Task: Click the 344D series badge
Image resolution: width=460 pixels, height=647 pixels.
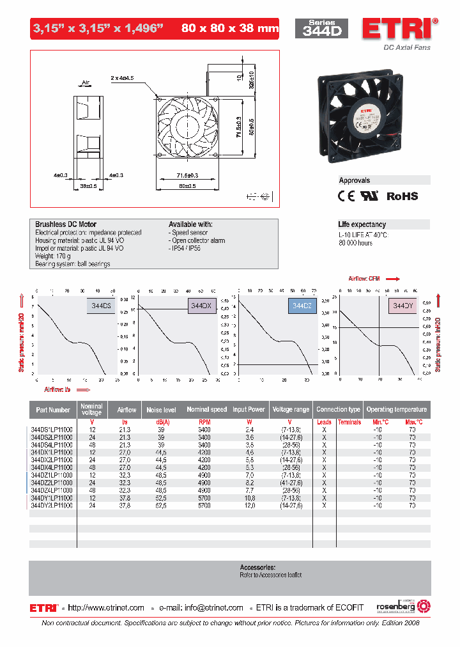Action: point(321,28)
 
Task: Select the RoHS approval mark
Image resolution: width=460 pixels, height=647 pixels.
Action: point(402,196)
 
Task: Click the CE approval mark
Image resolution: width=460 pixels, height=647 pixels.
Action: point(346,196)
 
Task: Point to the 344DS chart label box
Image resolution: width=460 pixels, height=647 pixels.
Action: point(101,306)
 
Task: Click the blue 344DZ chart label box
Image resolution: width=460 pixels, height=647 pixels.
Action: point(302,306)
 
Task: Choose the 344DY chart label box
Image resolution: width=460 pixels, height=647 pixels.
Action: point(402,306)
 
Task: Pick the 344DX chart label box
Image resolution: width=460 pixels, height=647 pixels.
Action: point(201,306)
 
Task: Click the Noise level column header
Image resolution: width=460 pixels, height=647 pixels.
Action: point(161,409)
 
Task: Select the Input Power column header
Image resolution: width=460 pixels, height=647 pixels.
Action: point(249,409)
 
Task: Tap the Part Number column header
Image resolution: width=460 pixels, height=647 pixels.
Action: point(53,409)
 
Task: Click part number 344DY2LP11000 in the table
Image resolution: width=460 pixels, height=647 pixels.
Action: point(52,505)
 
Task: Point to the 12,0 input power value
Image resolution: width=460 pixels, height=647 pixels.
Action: point(250,505)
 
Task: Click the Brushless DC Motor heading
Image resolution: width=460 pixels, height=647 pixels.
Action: point(66,224)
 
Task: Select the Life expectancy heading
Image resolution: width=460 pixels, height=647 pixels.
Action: point(362,224)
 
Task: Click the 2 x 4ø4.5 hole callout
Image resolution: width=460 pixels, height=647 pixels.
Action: point(122,77)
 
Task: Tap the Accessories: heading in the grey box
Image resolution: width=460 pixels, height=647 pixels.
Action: point(257,567)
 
